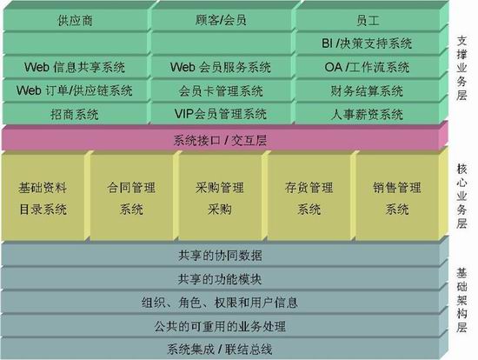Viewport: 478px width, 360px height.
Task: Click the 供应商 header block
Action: coord(76,20)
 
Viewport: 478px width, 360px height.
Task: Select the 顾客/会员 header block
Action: coord(221,20)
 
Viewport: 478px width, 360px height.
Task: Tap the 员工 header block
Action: coord(367,20)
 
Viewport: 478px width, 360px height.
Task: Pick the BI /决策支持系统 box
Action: coord(367,43)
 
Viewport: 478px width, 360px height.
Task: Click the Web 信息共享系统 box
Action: coord(76,67)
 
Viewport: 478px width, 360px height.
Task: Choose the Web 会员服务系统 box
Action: coord(221,67)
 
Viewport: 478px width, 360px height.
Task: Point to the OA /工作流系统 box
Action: coord(367,67)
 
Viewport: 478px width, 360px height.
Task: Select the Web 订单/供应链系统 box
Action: coord(76,90)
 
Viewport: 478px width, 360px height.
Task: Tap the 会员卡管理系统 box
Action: coord(221,90)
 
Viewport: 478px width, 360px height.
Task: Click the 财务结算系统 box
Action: coord(367,90)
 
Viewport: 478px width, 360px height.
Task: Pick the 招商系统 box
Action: coord(76,114)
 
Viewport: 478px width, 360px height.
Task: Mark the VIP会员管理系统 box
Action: coord(221,114)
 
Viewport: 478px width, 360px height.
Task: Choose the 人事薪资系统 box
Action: coord(367,114)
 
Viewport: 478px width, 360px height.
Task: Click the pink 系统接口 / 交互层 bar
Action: coord(220,140)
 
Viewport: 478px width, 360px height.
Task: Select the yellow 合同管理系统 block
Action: coord(131,197)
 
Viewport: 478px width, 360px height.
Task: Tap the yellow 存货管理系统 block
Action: coord(309,197)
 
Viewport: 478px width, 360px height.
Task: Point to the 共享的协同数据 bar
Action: coord(220,255)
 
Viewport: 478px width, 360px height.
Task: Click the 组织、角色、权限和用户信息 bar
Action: coord(220,303)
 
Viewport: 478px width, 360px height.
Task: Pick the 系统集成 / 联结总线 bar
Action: coord(220,349)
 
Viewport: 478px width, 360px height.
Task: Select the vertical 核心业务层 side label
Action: coord(461,197)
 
